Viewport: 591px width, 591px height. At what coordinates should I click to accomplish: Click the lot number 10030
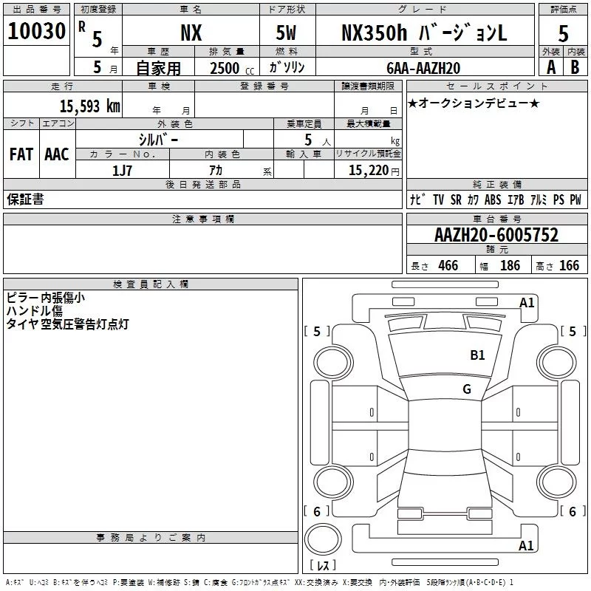[36, 32]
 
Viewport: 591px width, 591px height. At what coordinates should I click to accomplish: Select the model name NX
[191, 33]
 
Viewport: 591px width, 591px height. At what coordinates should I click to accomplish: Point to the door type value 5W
[287, 33]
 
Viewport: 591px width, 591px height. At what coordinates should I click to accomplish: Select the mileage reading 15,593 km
[89, 106]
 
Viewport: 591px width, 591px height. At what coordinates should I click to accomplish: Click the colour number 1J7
[122, 169]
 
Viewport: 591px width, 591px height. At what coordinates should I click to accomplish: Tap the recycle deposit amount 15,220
[369, 170]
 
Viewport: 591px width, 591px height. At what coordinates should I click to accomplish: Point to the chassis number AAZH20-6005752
[496, 236]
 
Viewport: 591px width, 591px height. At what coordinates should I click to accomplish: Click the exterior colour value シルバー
[158, 139]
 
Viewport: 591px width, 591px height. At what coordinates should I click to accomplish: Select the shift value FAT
[21, 154]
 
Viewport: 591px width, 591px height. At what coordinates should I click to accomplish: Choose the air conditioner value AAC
[57, 154]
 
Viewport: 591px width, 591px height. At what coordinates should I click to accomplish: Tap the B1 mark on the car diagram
[477, 355]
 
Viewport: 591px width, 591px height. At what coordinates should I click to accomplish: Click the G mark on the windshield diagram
[467, 389]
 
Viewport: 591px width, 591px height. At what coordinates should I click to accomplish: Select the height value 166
[569, 265]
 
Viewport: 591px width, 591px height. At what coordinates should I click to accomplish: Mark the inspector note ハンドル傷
[34, 311]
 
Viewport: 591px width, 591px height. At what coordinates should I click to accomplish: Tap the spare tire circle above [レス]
[323, 541]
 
